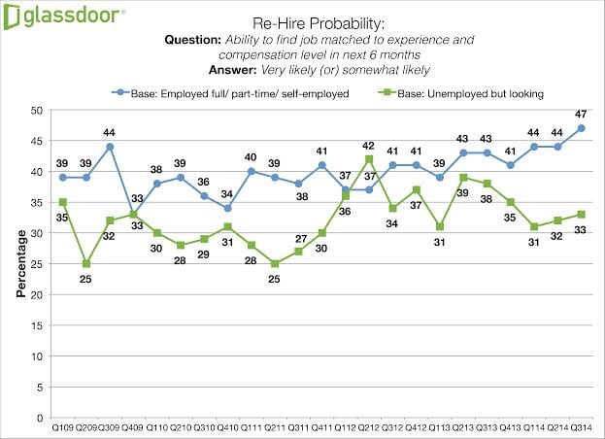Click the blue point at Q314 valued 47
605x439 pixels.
coord(580,128)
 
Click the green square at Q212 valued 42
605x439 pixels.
coord(369,159)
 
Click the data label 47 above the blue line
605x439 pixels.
coord(580,114)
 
